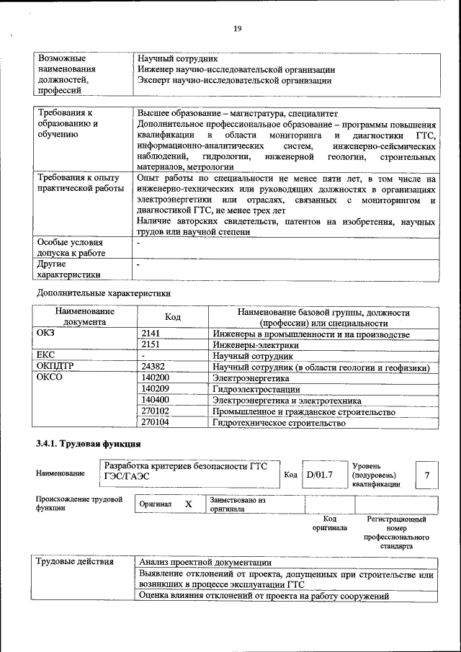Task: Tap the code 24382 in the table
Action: click(156, 367)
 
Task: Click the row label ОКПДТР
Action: click(55, 367)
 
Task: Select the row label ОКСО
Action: click(50, 378)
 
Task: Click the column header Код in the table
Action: click(173, 318)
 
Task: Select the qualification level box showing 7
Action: click(428, 475)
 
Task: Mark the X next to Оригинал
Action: click(189, 504)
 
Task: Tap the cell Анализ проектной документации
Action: click(205, 563)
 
